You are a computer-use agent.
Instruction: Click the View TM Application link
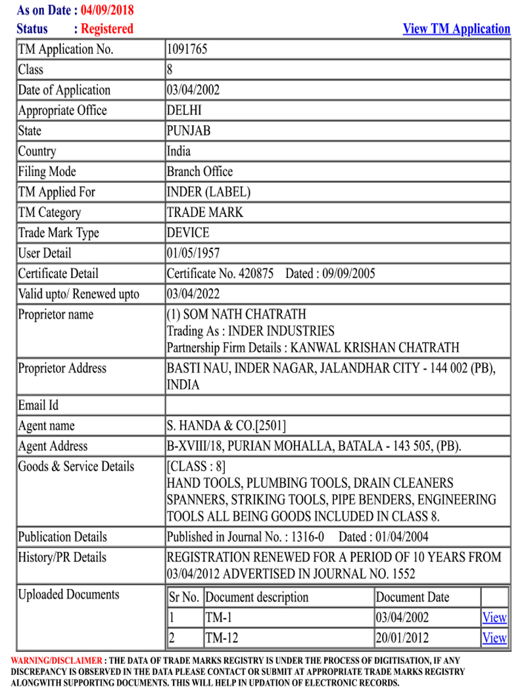point(456,29)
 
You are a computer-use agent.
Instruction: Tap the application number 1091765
point(187,49)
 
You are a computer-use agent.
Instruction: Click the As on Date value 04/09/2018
point(107,11)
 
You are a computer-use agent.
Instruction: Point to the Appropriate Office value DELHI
point(184,110)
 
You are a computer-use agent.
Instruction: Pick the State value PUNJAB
point(189,131)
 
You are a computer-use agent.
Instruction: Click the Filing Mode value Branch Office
point(200,172)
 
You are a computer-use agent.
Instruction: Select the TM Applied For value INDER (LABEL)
point(208,192)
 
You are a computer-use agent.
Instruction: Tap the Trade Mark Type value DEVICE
point(188,233)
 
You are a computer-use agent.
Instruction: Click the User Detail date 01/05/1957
point(193,253)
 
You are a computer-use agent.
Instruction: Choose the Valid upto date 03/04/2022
point(193,294)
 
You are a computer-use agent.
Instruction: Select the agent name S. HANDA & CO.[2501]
point(226,426)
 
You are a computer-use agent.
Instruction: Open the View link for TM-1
point(494,617)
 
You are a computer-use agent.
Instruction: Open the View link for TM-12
point(494,638)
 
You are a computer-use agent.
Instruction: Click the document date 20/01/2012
point(402,638)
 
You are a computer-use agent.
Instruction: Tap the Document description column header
point(256,597)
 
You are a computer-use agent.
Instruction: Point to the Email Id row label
point(38,406)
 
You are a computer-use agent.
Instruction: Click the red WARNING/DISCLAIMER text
point(57,660)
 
